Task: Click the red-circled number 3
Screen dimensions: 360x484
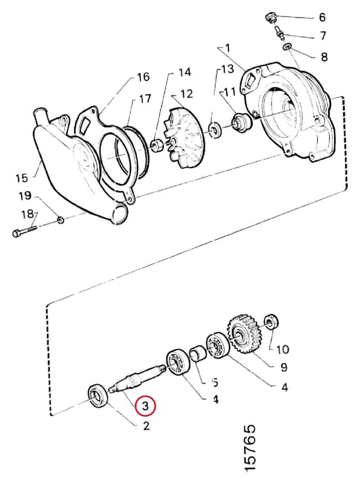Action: [145, 405]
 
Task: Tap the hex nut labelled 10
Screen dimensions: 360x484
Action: [272, 322]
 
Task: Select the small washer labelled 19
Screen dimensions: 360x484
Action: [61, 220]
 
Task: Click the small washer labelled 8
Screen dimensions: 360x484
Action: [287, 47]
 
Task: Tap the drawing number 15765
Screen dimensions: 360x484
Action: [249, 449]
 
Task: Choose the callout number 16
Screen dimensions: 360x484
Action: [143, 77]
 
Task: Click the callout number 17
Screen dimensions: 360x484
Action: [145, 99]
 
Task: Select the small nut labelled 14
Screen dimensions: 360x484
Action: [155, 145]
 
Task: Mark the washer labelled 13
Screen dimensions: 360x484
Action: [214, 129]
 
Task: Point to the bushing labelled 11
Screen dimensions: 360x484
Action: [242, 122]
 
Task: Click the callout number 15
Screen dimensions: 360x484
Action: [22, 178]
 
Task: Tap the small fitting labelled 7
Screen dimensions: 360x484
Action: [280, 33]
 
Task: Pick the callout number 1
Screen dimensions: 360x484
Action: [227, 48]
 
